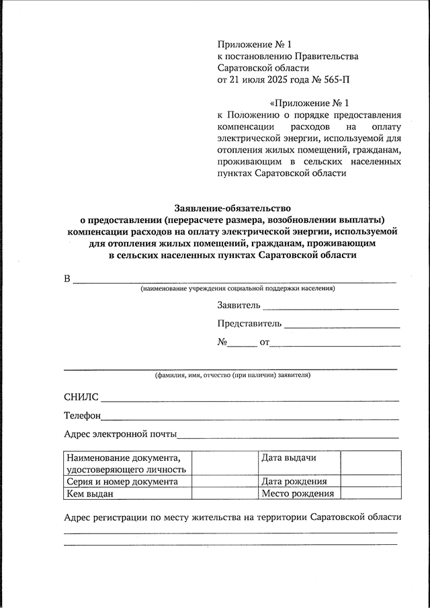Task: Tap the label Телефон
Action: coord(83,417)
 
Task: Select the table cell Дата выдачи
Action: coord(289,458)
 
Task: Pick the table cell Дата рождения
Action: coord(294,481)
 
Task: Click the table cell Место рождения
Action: coord(298,494)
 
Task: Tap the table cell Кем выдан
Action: coord(90,494)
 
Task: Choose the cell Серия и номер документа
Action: coord(122,481)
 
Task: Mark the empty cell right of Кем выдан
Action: coord(224,494)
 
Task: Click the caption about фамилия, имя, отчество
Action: coord(232,375)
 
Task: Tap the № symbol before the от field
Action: coord(222,342)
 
